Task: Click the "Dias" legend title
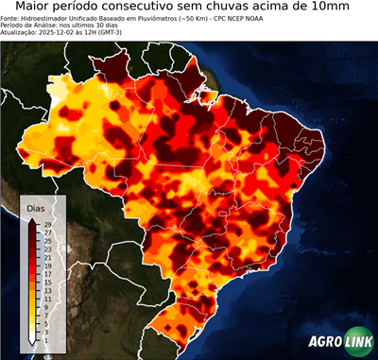[x=36, y=207]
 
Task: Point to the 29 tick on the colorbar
[x=46, y=224]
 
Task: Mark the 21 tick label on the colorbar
[x=46, y=257]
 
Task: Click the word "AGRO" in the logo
[x=323, y=341]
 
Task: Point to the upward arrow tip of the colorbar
[x=33, y=219]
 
